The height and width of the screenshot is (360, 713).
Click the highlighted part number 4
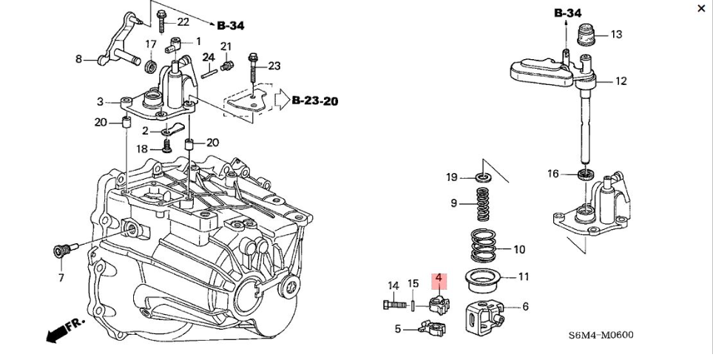[438, 279]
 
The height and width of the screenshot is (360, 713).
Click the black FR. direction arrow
[56, 333]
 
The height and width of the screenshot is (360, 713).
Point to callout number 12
[621, 81]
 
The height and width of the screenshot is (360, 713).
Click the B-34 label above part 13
[567, 13]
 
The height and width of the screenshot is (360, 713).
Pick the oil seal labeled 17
[152, 67]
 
